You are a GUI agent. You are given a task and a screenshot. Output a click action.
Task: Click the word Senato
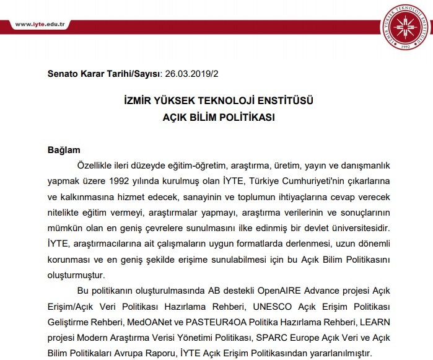coord(64,73)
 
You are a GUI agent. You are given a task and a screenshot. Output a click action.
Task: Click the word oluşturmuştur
coord(76,273)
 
